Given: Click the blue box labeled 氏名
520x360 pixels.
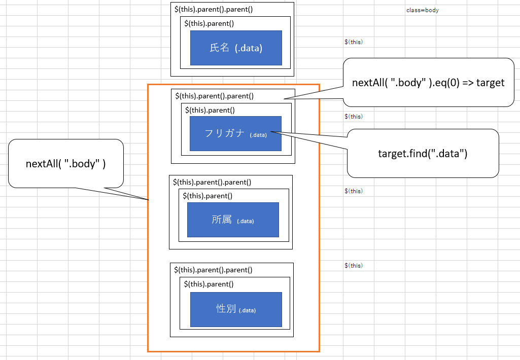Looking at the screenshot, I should (236, 48).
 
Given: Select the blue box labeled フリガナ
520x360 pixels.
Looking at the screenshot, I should (235, 133).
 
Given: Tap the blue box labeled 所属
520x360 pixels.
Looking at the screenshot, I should (233, 220).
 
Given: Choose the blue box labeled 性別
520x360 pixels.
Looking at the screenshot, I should (236, 309).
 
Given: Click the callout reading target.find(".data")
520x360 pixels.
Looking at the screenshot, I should (423, 153).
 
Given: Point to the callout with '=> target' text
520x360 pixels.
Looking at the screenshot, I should (428, 82).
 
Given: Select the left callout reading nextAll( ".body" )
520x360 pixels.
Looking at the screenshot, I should (65, 163).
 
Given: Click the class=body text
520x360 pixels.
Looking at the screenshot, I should (422, 10).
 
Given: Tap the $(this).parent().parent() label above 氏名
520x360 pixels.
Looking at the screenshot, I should (214, 9).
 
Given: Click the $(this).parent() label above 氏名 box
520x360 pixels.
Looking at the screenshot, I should (209, 23).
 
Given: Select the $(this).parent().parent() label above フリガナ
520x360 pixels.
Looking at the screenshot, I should (214, 95).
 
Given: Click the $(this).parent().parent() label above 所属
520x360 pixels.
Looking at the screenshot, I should (212, 182).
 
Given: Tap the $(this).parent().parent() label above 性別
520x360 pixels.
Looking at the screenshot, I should (213, 270).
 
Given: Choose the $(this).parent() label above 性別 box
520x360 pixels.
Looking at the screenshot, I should (209, 284).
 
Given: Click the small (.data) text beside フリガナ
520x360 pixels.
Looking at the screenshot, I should (258, 134).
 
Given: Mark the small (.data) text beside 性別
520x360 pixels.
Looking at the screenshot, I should (247, 310).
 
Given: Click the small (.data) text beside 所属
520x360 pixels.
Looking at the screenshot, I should (245, 221).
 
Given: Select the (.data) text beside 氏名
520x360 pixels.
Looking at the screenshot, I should (248, 48).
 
